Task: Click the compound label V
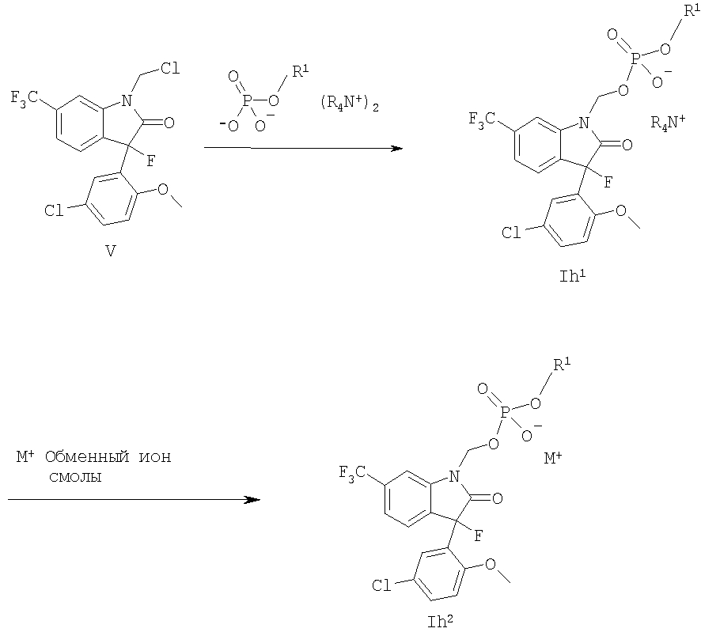pos(110,252)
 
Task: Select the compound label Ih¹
pos(573,276)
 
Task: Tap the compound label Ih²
pos(441,621)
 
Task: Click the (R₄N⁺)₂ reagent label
pos(350,104)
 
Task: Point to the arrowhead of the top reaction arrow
pos(396,148)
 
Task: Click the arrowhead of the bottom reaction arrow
pos(253,499)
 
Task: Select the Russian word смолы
pos(75,477)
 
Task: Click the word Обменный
pos(87,456)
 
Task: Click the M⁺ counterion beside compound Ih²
pos(553,458)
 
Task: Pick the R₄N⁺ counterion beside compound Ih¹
pos(668,122)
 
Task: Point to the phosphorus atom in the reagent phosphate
pos(246,101)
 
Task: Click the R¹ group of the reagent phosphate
pos(301,71)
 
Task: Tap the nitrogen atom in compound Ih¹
pos(585,123)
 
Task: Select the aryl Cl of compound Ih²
pos(381,585)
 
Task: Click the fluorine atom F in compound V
pos(150,161)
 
